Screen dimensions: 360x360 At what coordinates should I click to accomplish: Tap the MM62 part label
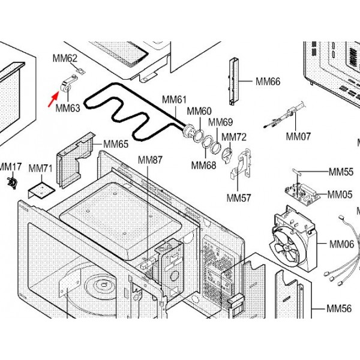(x=65, y=58)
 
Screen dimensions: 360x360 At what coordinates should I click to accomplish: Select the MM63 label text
(x=67, y=109)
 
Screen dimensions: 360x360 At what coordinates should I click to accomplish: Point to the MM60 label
(x=199, y=111)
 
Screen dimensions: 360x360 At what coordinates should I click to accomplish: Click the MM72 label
(x=234, y=137)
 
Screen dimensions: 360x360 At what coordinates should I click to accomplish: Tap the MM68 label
(x=203, y=165)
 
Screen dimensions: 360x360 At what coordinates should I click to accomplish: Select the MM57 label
(x=238, y=197)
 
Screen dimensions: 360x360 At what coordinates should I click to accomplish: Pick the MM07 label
(x=298, y=136)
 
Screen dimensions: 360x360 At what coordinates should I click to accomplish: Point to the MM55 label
(x=340, y=172)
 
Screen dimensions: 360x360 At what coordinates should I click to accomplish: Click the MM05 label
(x=340, y=194)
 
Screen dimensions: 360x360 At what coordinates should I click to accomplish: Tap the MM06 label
(x=341, y=244)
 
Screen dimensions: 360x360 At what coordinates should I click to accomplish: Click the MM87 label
(x=150, y=160)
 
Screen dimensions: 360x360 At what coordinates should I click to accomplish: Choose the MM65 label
(x=116, y=144)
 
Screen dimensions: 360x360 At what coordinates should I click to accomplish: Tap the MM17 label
(x=10, y=166)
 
